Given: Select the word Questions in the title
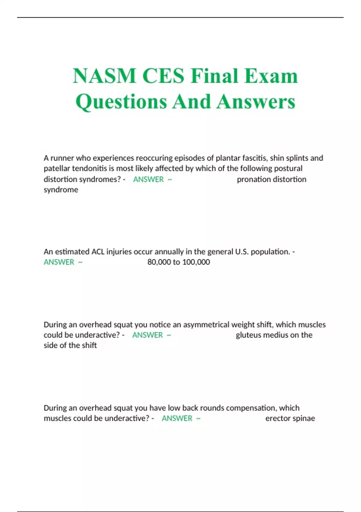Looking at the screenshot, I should (x=122, y=101).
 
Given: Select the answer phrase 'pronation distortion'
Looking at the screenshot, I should (x=271, y=179).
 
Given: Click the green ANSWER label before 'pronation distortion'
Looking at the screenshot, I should (x=148, y=179).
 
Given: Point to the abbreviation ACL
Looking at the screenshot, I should (x=98, y=251).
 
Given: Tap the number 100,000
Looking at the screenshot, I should (x=196, y=262).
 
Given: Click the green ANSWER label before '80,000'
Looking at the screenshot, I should (x=59, y=262).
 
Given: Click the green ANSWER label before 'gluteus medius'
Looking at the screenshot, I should (x=147, y=335).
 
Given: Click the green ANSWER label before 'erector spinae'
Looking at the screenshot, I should (x=177, y=418).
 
